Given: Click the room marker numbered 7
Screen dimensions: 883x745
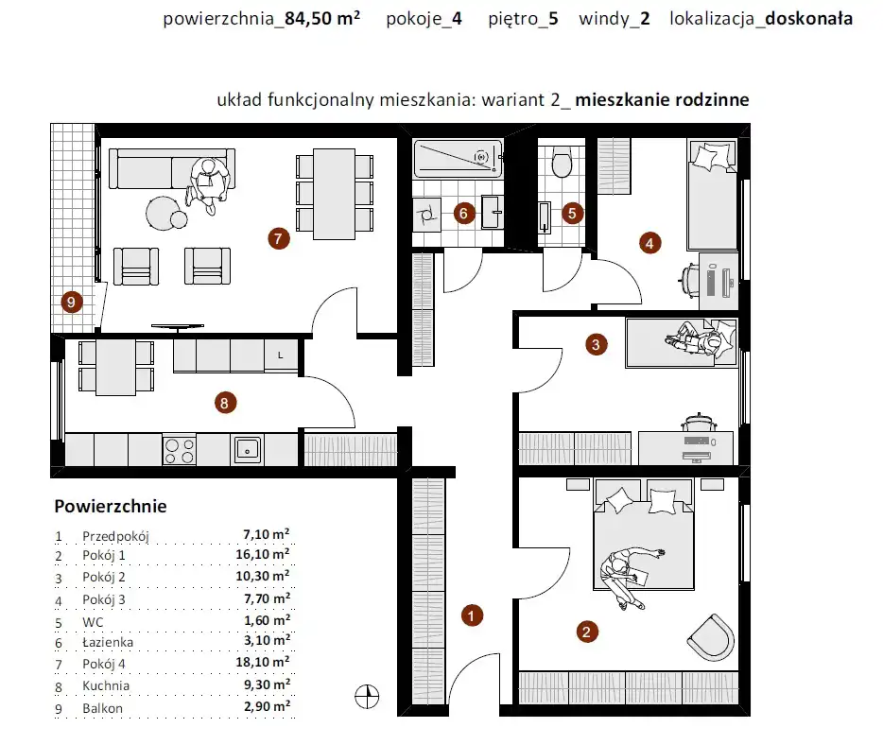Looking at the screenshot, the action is click(x=279, y=239).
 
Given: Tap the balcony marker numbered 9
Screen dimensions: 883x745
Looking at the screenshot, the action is click(x=72, y=303).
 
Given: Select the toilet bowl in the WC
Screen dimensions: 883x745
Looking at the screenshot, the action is click(x=562, y=162).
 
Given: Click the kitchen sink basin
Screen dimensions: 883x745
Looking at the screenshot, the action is click(x=247, y=449).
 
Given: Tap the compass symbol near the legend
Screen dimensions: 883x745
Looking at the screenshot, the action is click(x=367, y=697).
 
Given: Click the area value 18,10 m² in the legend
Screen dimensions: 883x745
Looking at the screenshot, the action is click(x=263, y=662).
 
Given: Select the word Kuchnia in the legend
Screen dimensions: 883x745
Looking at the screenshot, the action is click(x=106, y=685).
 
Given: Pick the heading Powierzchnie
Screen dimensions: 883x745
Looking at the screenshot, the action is click(x=111, y=506).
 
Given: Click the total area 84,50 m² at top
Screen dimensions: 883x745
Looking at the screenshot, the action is click(x=322, y=18).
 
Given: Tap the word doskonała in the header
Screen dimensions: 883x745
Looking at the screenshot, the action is click(x=808, y=19).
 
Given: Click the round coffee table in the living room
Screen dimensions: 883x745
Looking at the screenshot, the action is click(x=163, y=213).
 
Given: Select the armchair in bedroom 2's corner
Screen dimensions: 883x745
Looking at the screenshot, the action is click(x=712, y=637).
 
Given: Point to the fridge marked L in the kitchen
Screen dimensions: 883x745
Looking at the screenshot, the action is click(x=281, y=355).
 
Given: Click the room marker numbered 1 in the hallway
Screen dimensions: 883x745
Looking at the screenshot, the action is click(x=472, y=615).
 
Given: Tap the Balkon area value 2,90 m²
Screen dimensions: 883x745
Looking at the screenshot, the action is click(x=267, y=706).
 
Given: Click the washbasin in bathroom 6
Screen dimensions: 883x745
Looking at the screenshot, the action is click(x=493, y=213).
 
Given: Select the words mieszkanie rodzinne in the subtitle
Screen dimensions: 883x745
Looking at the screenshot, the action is click(x=662, y=100).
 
